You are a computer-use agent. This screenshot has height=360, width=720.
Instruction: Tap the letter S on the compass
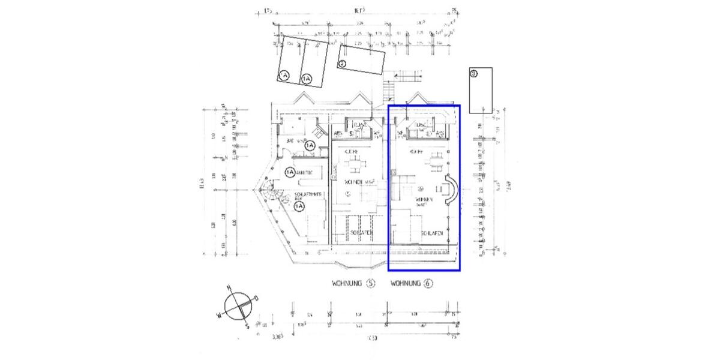(x=248, y=326)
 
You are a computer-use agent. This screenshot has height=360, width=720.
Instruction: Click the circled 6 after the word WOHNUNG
(x=428, y=283)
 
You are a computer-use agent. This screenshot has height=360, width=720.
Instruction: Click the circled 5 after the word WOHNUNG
(x=370, y=283)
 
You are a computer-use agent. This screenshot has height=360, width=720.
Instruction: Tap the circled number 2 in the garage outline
(x=343, y=64)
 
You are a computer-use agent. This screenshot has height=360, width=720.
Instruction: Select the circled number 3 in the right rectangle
(x=474, y=74)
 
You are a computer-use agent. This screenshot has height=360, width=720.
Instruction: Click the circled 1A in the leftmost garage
(x=284, y=75)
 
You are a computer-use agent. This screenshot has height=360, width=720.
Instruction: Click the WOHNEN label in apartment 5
(x=355, y=181)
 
